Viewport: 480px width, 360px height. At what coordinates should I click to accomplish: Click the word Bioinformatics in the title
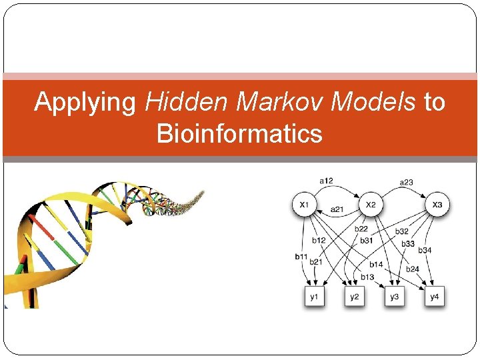click(x=239, y=133)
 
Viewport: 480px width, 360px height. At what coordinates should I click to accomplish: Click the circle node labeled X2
click(x=371, y=204)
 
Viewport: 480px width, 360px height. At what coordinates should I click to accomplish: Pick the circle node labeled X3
click(x=437, y=204)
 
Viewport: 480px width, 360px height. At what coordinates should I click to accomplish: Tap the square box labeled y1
click(x=314, y=295)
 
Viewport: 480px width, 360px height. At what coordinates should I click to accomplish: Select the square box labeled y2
click(x=354, y=295)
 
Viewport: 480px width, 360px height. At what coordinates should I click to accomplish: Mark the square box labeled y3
click(x=395, y=295)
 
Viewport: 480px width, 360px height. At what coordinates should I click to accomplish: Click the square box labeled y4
click(x=435, y=295)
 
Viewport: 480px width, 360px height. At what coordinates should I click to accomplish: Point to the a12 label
click(x=326, y=180)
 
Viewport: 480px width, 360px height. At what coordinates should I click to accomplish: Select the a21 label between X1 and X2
click(x=337, y=209)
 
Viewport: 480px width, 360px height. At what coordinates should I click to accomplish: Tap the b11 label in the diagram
click(x=301, y=256)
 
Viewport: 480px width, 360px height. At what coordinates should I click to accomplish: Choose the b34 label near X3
click(x=425, y=251)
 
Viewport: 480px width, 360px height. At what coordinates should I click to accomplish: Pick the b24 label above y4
click(x=413, y=270)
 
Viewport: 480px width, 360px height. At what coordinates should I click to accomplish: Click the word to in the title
click(x=434, y=102)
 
